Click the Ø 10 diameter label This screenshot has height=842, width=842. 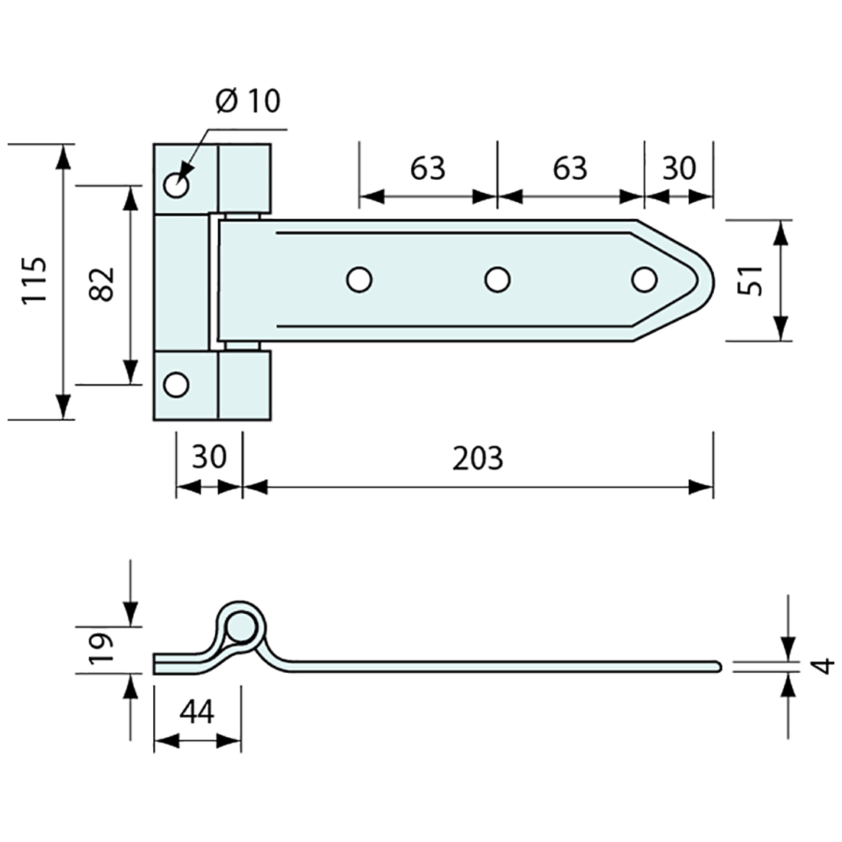248,102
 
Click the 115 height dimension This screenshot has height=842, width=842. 35,281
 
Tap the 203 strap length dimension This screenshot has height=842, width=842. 478,458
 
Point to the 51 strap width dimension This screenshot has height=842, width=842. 751,280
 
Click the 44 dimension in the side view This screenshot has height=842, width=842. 197,712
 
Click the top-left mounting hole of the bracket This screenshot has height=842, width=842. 177,185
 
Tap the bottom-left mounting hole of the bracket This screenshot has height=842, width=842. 177,384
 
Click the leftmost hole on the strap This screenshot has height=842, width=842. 358,280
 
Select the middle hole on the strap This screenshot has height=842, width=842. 498,280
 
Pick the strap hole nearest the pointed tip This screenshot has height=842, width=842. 645,280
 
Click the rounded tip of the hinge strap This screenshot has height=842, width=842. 709,280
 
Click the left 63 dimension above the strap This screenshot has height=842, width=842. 427,168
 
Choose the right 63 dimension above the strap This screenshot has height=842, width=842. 569,168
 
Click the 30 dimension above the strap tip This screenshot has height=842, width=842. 678,168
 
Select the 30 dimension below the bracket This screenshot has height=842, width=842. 209,457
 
